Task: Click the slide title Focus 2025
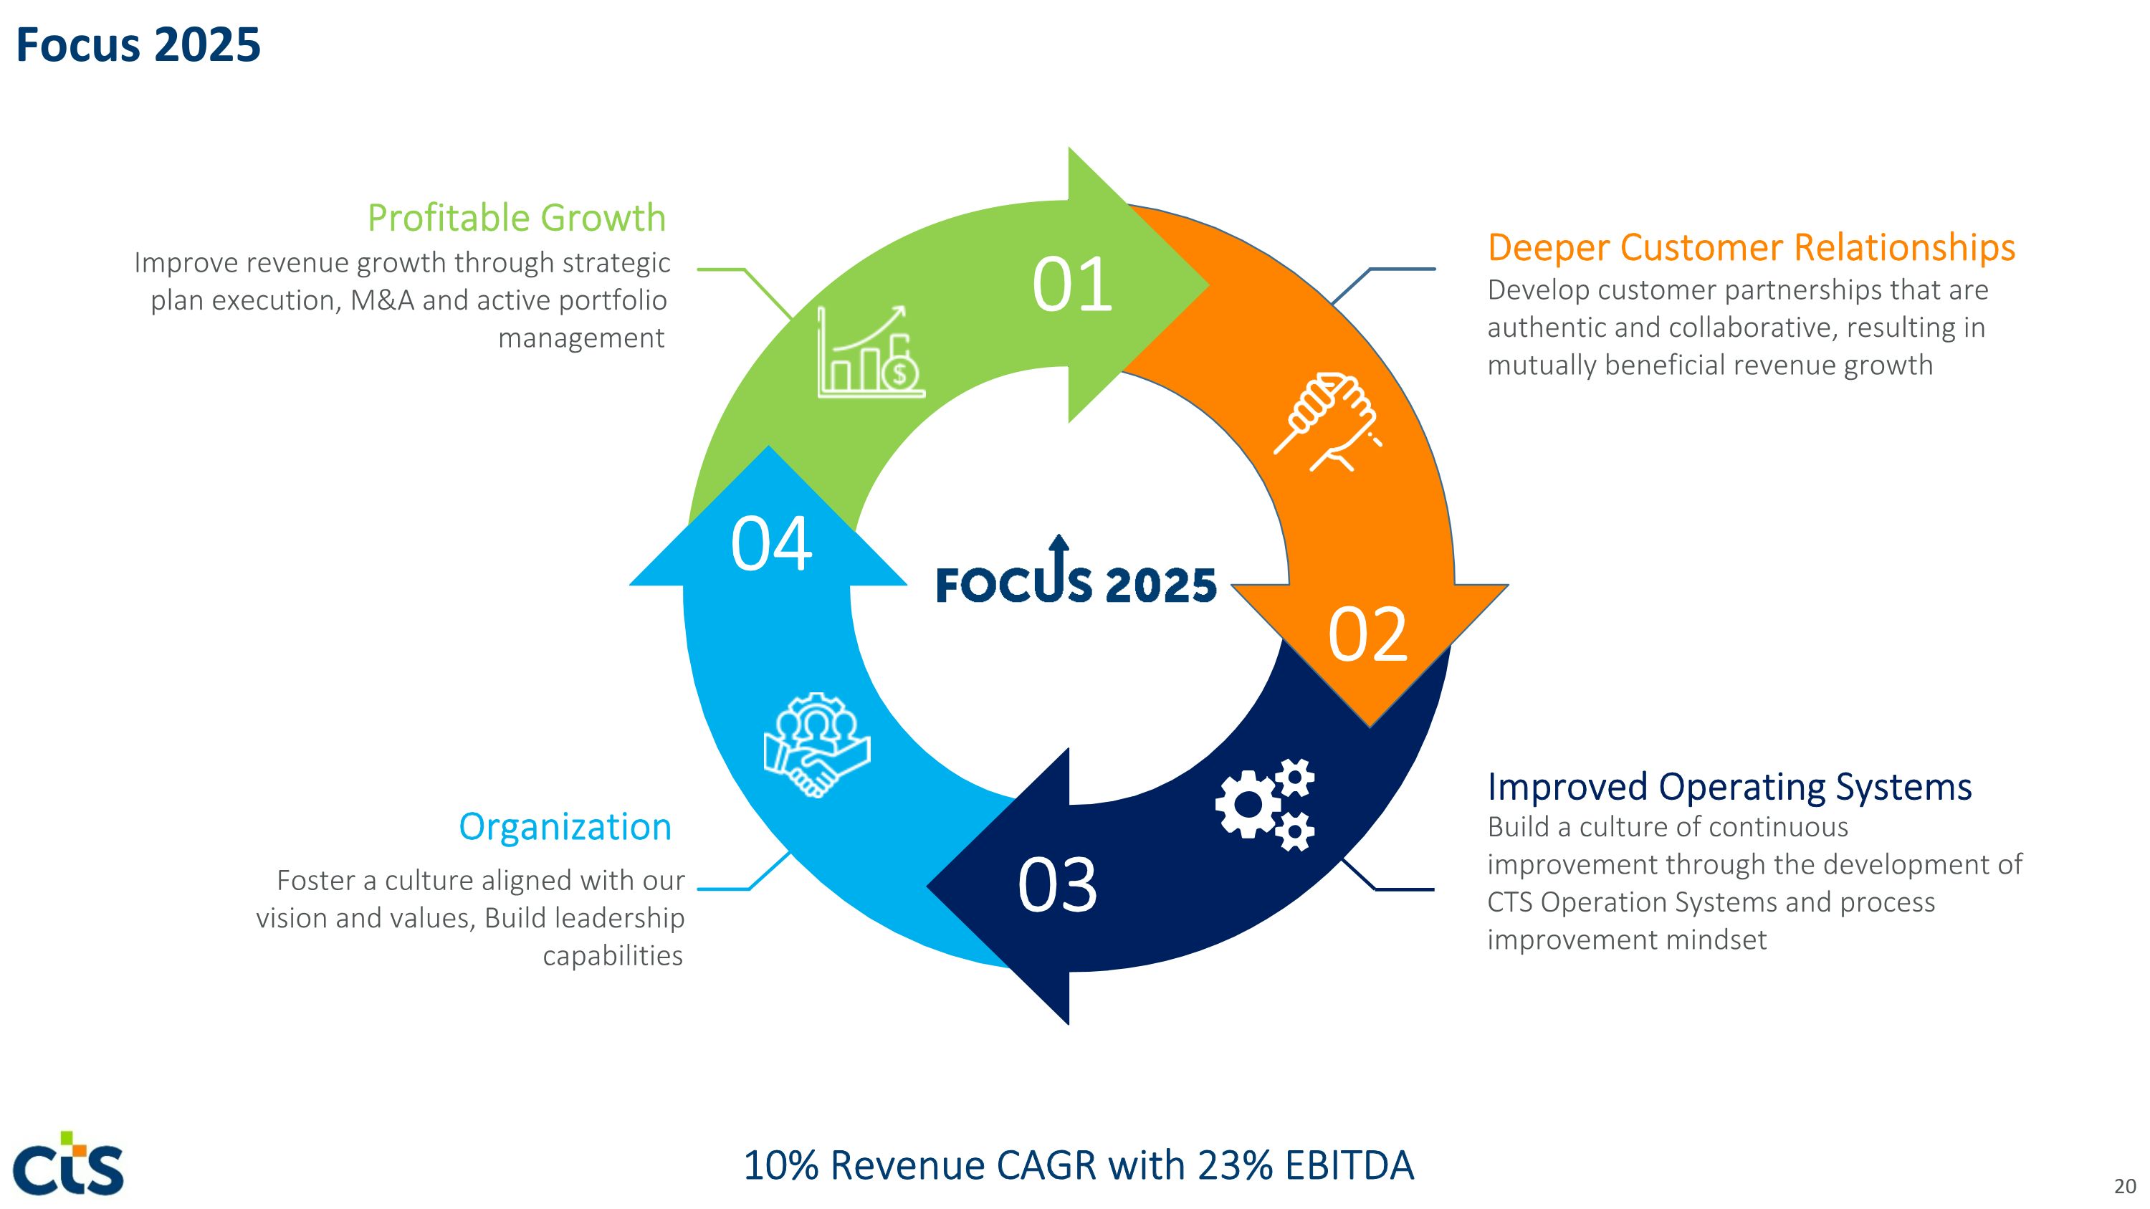click(x=138, y=44)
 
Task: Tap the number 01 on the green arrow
click(x=1073, y=285)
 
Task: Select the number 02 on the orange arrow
click(x=1368, y=635)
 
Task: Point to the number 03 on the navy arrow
click(x=1058, y=884)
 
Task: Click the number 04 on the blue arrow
click(x=771, y=544)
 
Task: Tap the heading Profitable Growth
click(x=517, y=218)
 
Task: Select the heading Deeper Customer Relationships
click(x=1751, y=248)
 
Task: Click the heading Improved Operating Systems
click(x=1729, y=787)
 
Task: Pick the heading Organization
click(x=565, y=828)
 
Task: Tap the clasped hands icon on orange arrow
click(x=1328, y=423)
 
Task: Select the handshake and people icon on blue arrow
click(x=817, y=745)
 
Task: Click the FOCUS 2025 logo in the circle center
click(x=1076, y=570)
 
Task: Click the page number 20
click(x=2125, y=1185)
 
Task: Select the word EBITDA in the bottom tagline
click(x=1349, y=1165)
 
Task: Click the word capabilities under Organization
click(x=613, y=955)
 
